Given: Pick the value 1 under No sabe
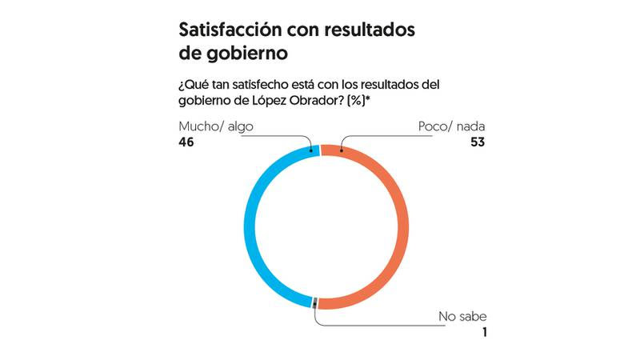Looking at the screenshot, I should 482,332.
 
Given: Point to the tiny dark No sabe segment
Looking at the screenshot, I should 316,302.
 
